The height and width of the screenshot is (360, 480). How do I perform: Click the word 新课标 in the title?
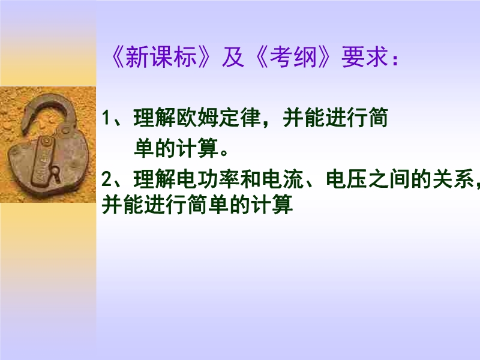161,57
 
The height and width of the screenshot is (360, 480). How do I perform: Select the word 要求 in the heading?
365,57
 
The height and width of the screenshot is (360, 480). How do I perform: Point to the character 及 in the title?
233,57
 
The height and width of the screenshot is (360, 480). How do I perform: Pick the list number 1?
106,118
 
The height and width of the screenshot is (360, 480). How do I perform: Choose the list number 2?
107,179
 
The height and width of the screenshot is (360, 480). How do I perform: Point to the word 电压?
347,179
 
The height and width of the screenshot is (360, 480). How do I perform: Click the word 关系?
454,179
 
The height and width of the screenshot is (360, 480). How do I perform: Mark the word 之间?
389,179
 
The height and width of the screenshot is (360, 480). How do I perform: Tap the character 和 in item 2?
250,179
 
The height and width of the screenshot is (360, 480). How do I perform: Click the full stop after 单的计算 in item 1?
224,153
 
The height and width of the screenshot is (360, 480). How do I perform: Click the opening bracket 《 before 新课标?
118,57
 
